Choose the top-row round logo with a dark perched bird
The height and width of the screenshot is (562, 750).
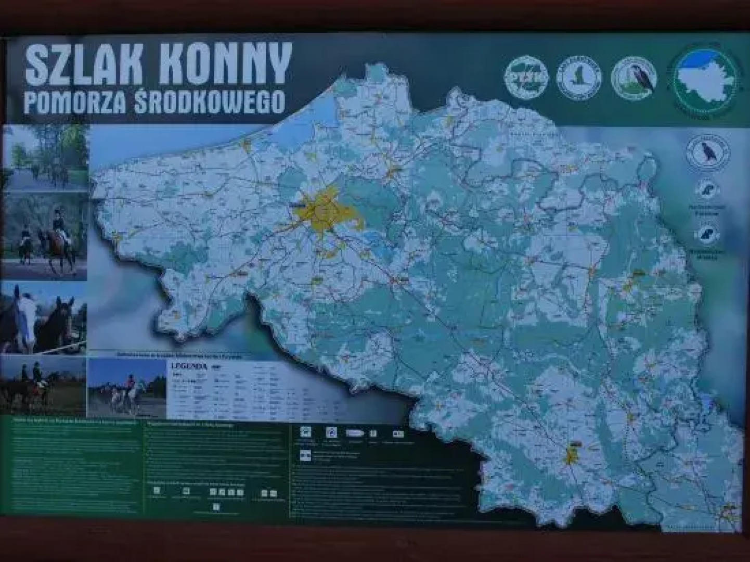(x=634, y=78)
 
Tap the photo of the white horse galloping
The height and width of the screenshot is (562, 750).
(x=127, y=388)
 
